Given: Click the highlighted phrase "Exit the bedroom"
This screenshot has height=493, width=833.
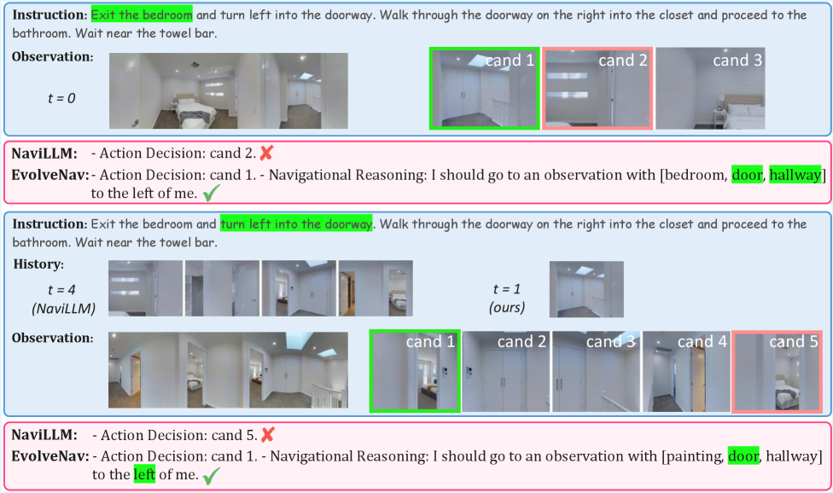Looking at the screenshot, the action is (142, 14).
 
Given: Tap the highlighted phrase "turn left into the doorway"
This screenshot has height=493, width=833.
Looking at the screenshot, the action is (296, 224).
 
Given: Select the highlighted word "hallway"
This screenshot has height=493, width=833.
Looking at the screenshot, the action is (795, 175).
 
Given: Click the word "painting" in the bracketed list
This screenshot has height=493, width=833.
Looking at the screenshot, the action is (696, 455).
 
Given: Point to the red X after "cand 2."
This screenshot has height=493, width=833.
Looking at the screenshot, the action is (266, 154).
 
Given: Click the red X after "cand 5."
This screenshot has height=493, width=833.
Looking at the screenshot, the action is (268, 435).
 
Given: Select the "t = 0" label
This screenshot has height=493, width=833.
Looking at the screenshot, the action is (61, 98).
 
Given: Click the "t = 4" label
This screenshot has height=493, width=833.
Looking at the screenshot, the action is (61, 290).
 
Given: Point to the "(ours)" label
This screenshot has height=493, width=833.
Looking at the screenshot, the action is (507, 307).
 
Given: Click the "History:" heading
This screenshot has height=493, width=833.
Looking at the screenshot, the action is (38, 264).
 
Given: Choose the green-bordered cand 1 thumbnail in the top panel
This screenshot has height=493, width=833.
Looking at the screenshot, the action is (485, 88).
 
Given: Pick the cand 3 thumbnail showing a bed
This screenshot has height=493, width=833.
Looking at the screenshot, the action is (710, 88).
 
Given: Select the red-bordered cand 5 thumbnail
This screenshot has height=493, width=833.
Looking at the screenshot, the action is (776, 372).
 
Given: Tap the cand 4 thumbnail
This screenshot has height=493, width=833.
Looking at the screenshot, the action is (686, 372).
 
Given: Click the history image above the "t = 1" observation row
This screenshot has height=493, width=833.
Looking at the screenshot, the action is (586, 289).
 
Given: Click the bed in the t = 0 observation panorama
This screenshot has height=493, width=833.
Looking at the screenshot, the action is (195, 111).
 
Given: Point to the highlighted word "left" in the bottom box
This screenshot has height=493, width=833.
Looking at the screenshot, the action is (144, 474).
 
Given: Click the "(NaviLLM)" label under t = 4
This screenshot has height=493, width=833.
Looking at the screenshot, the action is (64, 308).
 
